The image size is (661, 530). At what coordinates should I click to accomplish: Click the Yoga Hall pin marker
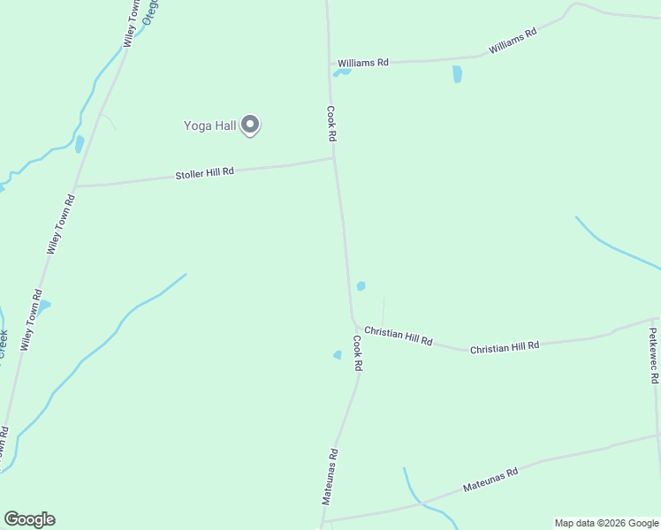[x=250, y=125]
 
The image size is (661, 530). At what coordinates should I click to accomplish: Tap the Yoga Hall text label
[x=209, y=125]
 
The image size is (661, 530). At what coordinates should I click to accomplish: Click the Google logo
[x=29, y=519]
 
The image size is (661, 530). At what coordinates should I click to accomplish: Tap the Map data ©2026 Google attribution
[x=605, y=523]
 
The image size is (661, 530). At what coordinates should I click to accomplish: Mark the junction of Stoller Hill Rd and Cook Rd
[x=333, y=159]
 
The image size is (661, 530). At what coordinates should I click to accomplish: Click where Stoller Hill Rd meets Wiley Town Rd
[x=76, y=186]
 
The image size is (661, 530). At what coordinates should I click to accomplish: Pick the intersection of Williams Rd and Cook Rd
[x=330, y=64]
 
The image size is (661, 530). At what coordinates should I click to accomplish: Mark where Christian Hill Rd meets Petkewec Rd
[x=653, y=319]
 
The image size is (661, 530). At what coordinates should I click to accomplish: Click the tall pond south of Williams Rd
[x=457, y=74]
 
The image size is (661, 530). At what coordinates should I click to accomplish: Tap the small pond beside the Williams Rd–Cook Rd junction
[x=342, y=72]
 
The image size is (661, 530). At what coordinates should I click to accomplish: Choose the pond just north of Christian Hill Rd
[x=361, y=286]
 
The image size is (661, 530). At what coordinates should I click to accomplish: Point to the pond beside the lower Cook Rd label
[x=338, y=355]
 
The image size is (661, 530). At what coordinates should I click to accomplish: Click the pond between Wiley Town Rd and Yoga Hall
[x=80, y=144]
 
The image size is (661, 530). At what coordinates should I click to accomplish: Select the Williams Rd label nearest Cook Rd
[x=362, y=63]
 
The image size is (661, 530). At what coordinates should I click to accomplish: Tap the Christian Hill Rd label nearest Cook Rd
[x=398, y=336]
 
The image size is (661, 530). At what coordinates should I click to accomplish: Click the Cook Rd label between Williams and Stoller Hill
[x=331, y=125]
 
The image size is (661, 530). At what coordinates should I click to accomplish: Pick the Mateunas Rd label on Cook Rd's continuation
[x=329, y=476]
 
